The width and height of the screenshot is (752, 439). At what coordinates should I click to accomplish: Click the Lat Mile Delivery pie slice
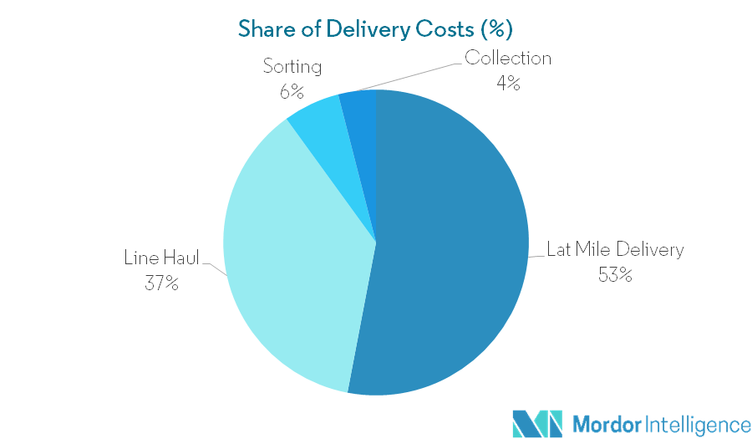point(451,251)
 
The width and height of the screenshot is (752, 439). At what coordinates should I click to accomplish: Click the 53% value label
point(614,273)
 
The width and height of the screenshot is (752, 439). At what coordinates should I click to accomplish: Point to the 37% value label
point(161,283)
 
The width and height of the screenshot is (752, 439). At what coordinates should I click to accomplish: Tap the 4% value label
point(508,83)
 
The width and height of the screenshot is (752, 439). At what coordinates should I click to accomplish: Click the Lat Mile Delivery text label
point(615,249)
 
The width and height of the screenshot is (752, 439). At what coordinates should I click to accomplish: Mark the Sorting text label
point(292,65)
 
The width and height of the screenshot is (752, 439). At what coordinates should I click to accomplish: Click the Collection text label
point(508,59)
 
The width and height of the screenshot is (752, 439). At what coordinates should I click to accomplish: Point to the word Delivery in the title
point(363,28)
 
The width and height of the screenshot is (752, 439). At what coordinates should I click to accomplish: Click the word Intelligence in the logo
point(695,423)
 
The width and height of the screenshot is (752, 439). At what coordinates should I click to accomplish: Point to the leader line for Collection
point(409,75)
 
